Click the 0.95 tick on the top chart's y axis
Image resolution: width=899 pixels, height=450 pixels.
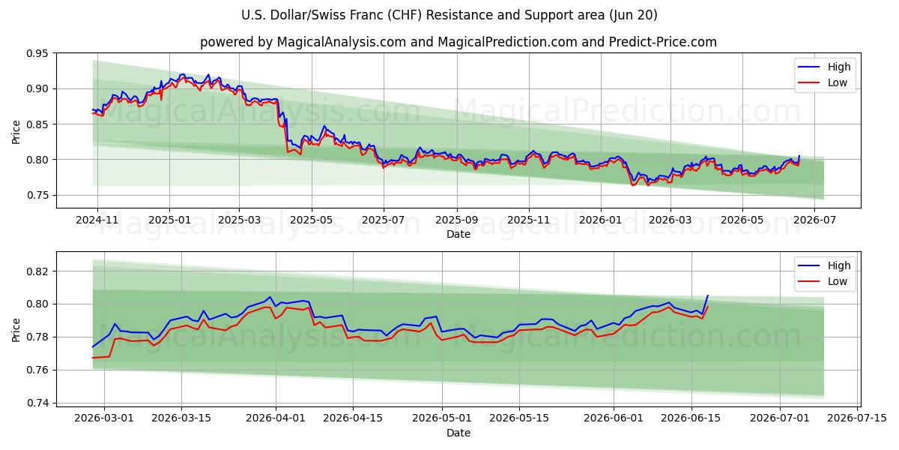pyautogui.click(x=37, y=53)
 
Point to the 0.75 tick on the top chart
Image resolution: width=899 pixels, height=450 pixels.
pyautogui.click(x=37, y=195)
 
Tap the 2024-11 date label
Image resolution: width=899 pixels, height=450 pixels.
pyautogui.click(x=97, y=220)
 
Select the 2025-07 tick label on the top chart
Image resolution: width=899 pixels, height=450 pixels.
pyautogui.click(x=384, y=220)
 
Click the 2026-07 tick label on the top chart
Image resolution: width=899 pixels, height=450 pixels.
pyautogui.click(x=815, y=220)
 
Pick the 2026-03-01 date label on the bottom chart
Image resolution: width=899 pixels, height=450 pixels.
pyautogui.click(x=104, y=418)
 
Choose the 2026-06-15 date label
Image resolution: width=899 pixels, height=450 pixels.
pyautogui.click(x=691, y=418)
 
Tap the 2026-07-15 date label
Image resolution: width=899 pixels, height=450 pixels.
pyautogui.click(x=857, y=418)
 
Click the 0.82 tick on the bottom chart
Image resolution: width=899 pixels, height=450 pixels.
pyautogui.click(x=37, y=271)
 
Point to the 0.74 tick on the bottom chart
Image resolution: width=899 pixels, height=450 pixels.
pyautogui.click(x=37, y=403)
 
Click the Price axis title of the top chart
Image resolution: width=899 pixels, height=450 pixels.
pyautogui.click(x=16, y=132)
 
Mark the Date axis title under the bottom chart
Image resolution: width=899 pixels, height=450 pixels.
pyautogui.click(x=458, y=433)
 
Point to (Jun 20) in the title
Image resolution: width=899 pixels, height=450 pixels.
pyautogui.click(x=633, y=15)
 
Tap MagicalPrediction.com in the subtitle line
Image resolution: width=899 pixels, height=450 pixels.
pyautogui.click(x=507, y=42)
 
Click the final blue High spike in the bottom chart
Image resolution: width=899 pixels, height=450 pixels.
pyautogui.click(x=707, y=295)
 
